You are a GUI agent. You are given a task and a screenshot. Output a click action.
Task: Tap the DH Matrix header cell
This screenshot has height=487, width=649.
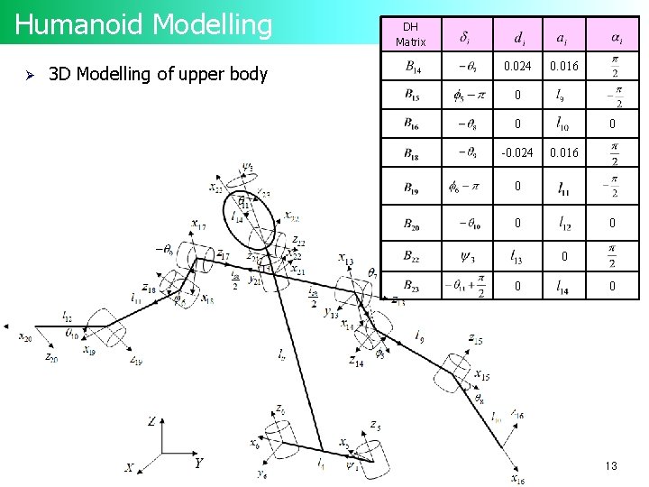[410, 35]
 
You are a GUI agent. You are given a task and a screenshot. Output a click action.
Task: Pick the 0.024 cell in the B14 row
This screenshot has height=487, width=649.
[517, 66]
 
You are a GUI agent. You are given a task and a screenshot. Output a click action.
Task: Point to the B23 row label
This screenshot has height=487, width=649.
[411, 287]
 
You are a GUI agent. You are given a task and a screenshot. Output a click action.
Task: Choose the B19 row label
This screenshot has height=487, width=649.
[411, 189]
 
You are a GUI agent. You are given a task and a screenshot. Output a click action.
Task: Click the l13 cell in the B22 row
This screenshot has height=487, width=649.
[517, 256]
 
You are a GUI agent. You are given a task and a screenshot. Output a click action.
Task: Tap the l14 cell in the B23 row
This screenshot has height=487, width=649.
[562, 287]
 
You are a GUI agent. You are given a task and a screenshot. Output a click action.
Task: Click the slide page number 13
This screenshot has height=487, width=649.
[610, 466]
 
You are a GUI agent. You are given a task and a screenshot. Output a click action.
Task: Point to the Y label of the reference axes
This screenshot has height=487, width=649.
[198, 464]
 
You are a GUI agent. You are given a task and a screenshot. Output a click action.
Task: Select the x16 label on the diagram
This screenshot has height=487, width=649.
[517, 479]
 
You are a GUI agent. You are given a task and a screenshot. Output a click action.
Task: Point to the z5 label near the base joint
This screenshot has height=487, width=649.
[374, 425]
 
